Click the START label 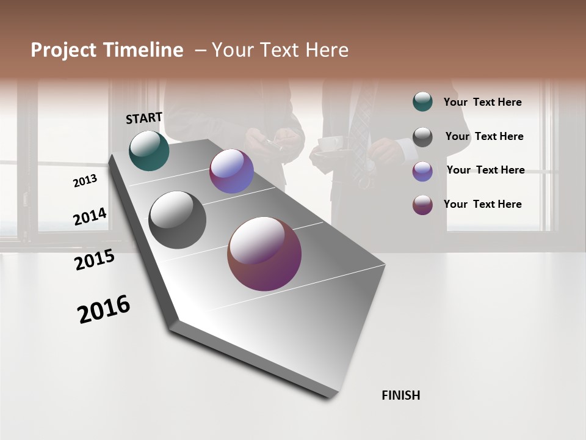(144, 118)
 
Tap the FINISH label (400, 395)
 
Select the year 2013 (85, 181)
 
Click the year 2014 (90, 217)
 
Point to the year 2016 (104, 309)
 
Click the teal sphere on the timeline (149, 151)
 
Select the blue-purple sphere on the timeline (231, 172)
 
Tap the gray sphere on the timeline (177, 220)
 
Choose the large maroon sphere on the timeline (264, 254)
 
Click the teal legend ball (422, 102)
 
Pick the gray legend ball (422, 137)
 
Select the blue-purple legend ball (422, 171)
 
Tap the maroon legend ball (422, 205)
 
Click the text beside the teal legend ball (482, 102)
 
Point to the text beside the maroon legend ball (482, 204)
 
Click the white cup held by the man (330, 144)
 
